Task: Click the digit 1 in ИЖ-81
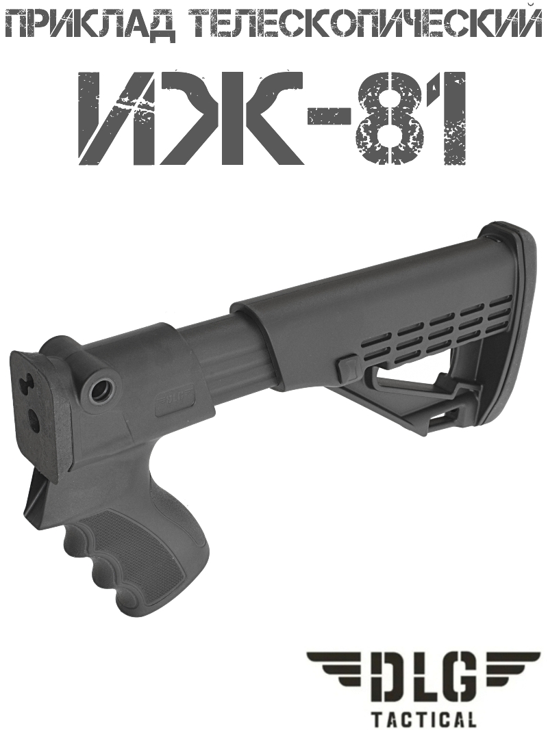pos(449,117)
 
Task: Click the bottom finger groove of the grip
pos(130,602)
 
